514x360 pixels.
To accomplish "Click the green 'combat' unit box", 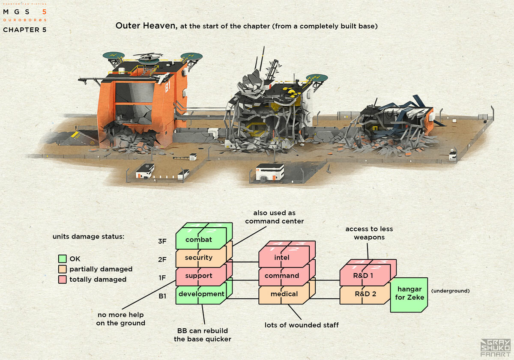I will [199, 240].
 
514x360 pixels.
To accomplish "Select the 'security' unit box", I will [199, 258].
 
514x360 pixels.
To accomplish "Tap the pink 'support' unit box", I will [199, 276].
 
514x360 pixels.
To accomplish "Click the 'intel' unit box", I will [282, 258].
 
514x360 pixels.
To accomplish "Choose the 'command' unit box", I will [282, 276].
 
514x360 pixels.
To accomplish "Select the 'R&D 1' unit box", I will [363, 276].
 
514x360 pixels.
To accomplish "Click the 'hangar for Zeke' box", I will [409, 294].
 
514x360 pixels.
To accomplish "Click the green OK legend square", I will [62, 259].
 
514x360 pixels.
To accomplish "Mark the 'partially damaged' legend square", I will [62, 269].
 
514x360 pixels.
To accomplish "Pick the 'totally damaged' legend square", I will [62, 279].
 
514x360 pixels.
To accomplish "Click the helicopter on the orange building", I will [148, 57].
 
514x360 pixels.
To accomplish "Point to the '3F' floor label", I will [162, 241].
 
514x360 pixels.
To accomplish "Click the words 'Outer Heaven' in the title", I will [146, 26].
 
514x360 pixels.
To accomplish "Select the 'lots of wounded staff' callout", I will [302, 325].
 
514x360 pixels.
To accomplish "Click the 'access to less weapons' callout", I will [369, 233].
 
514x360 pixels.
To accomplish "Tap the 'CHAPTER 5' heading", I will [24, 30].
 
